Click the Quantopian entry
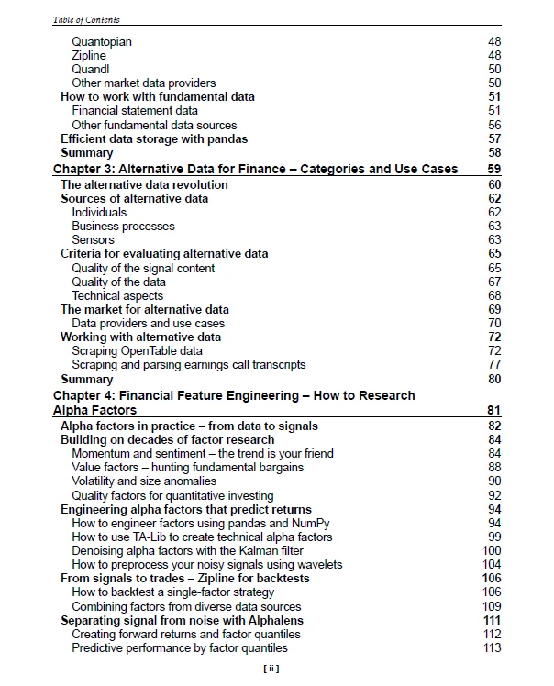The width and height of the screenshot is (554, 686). (x=102, y=41)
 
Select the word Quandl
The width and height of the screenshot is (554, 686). (x=90, y=69)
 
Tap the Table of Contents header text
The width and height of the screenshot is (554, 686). (x=86, y=19)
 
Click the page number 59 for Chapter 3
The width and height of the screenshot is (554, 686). (x=493, y=170)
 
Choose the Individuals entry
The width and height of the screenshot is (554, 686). (x=99, y=212)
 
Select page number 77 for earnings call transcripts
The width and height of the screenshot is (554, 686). (x=494, y=365)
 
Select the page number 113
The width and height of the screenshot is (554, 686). (x=492, y=648)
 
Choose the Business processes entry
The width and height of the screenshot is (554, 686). (x=123, y=226)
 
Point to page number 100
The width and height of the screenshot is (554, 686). (x=492, y=551)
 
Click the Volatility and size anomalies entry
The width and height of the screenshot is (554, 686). (x=144, y=481)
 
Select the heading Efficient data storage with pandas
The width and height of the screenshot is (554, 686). (x=154, y=139)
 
